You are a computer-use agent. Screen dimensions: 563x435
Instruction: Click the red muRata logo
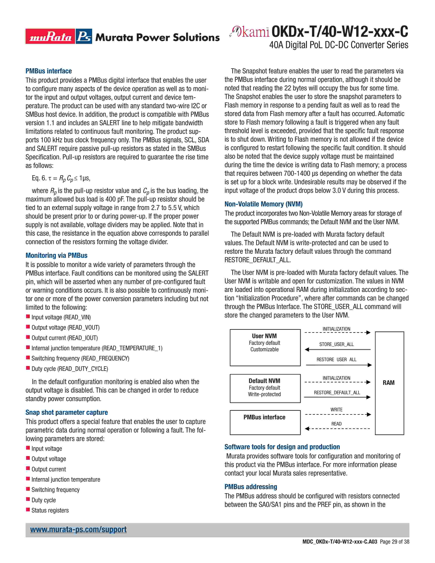pyautogui.click(x=50, y=36)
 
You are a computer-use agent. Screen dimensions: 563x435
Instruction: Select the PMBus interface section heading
pyautogui.click(x=48, y=71)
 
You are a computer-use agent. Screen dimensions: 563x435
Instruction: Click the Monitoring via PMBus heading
pyautogui.click(x=56, y=255)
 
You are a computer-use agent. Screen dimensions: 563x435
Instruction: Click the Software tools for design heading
pyautogui.click(x=282, y=447)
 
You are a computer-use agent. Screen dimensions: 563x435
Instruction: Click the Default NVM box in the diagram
pyautogui.click(x=265, y=388)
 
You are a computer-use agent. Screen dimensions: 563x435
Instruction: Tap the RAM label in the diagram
pyautogui.click(x=388, y=383)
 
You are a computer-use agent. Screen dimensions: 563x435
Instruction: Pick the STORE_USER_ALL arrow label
pyautogui.click(x=336, y=344)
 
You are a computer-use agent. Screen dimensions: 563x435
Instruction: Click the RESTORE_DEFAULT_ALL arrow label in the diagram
pyautogui.click(x=337, y=393)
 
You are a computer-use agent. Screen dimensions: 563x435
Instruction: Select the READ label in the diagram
pyautogui.click(x=336, y=424)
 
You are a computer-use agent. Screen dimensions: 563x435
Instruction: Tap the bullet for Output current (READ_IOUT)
pyautogui.click(x=64, y=338)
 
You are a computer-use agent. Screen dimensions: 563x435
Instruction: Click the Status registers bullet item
pyautogui.click(x=50, y=510)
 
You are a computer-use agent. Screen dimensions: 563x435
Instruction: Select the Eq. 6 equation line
pyautogui.click(x=61, y=178)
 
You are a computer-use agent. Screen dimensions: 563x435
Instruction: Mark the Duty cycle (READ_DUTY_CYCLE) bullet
pyautogui.click(x=70, y=369)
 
